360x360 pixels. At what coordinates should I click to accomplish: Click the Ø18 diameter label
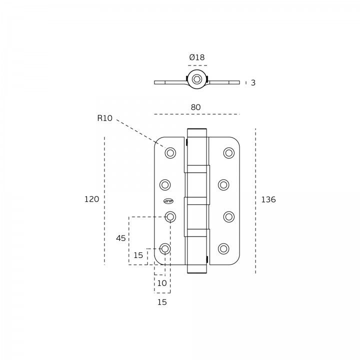point(197,57)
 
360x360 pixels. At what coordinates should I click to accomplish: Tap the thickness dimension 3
point(253,83)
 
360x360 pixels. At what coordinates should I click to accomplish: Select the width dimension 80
point(195,107)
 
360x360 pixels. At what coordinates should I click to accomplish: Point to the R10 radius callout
point(104,118)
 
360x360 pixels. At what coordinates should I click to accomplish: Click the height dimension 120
point(91,199)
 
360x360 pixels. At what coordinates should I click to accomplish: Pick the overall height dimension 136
point(268,200)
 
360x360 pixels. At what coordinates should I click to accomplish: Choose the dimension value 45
point(121,238)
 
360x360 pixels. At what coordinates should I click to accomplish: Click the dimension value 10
point(162,283)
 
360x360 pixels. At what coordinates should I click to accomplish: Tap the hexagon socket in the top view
point(197,80)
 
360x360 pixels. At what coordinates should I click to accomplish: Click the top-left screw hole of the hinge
point(170,153)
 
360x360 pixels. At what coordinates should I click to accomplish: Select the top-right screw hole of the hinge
point(229,153)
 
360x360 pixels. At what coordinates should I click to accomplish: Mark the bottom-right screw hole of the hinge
point(223,248)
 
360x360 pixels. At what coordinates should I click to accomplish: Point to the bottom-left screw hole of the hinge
point(165,248)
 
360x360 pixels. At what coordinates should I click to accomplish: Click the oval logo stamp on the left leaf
point(168,201)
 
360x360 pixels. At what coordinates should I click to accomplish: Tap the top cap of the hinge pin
point(197,132)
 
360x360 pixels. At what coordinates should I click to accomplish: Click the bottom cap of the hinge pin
point(197,268)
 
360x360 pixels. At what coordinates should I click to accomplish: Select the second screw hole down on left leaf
point(165,185)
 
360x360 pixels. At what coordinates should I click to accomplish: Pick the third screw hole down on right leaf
point(229,216)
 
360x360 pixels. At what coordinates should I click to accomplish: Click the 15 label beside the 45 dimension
point(138,255)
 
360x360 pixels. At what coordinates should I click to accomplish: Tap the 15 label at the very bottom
point(162,302)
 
